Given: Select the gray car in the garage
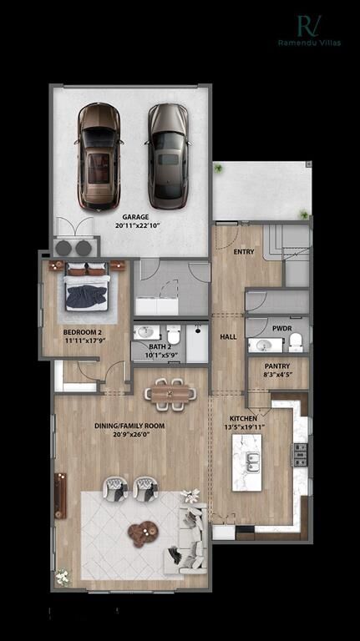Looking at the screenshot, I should point(168,156).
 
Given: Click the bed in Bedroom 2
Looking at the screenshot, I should point(85,288).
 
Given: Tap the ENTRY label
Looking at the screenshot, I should point(243,250).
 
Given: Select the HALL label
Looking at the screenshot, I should point(228,337).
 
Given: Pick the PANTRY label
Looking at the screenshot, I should point(277,366).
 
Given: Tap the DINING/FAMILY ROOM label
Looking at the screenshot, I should point(129,426).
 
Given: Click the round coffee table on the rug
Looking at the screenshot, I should point(143,531).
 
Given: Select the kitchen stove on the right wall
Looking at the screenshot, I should point(299,454).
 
